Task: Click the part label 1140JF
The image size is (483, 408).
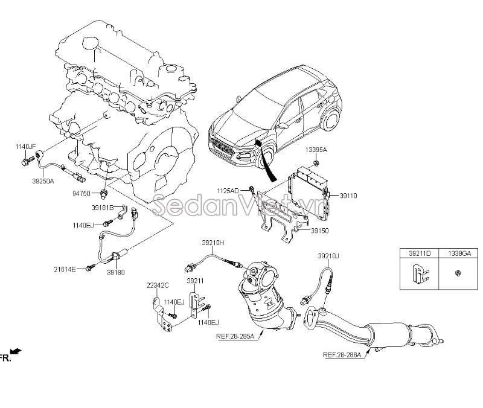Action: tap(25, 147)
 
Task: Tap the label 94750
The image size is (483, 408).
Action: tap(82, 194)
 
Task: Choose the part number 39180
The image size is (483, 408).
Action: tap(116, 272)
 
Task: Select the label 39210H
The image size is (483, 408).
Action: tap(213, 242)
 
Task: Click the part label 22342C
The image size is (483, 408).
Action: tap(157, 285)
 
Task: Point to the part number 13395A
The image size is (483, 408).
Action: tap(316, 149)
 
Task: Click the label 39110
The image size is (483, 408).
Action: tap(348, 196)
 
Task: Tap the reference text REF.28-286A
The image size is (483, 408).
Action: tap(342, 355)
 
